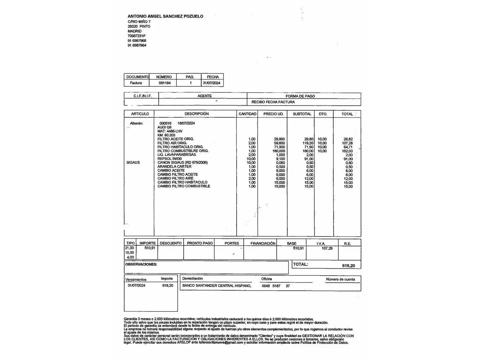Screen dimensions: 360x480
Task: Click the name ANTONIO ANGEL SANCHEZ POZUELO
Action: [165, 16]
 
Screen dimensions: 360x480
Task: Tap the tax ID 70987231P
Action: [136, 36]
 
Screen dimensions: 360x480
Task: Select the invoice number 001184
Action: [165, 83]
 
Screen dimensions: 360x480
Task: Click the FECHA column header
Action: [213, 77]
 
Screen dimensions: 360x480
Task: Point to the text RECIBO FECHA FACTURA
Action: [273, 102]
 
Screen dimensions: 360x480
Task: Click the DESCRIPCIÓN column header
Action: [197, 114]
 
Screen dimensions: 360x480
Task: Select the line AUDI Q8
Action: [165, 127]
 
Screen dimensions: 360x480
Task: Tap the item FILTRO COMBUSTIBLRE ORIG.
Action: [183, 151]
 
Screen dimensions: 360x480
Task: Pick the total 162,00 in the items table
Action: [347, 151]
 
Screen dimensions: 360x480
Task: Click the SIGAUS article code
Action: [133, 163]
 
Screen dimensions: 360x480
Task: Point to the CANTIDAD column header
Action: [247, 114]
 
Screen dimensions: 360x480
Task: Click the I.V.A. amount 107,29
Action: [327, 248]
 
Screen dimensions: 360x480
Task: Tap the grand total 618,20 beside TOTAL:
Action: [348, 266]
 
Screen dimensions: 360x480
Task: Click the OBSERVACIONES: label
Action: [141, 264]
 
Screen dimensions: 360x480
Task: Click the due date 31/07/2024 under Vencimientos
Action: [136, 286]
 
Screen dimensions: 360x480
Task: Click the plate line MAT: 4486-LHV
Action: [170, 131]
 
